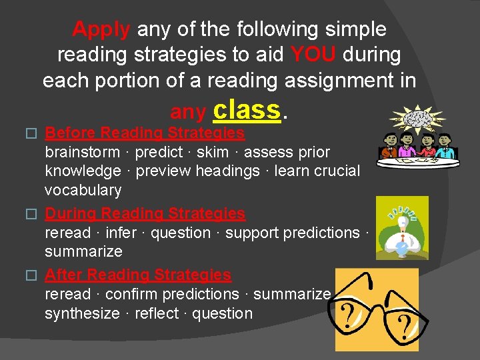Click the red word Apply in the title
point(101,29)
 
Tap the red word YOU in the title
point(313,55)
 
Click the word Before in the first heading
point(69,133)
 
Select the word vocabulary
point(83,191)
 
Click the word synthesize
point(82,313)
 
